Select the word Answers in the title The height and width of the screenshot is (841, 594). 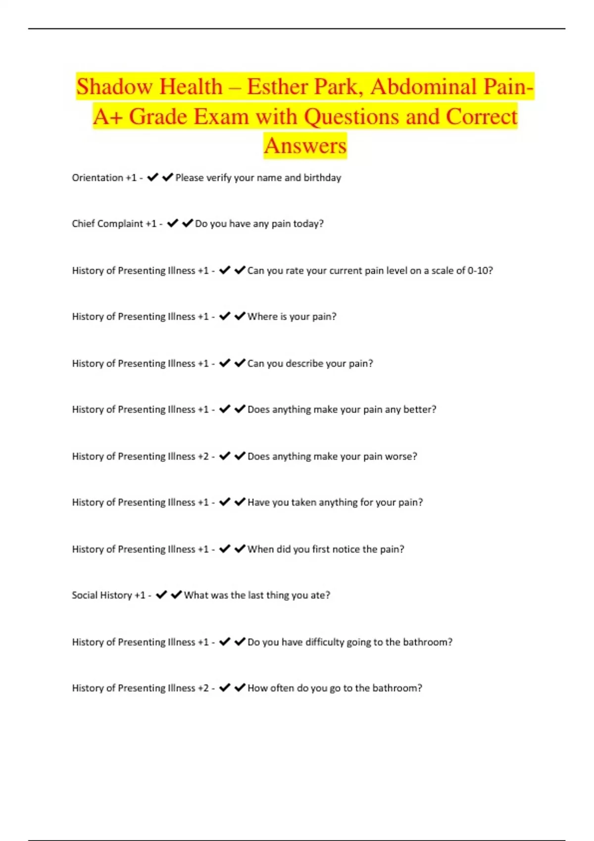coord(305,146)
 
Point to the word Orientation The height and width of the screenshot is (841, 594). coord(98,178)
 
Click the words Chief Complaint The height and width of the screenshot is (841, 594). coord(107,224)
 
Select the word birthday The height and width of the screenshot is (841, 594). coord(322,178)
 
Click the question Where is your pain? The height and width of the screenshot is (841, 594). coord(292,317)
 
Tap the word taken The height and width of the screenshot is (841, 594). coord(303,503)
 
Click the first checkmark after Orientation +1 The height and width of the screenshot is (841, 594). coord(152,177)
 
